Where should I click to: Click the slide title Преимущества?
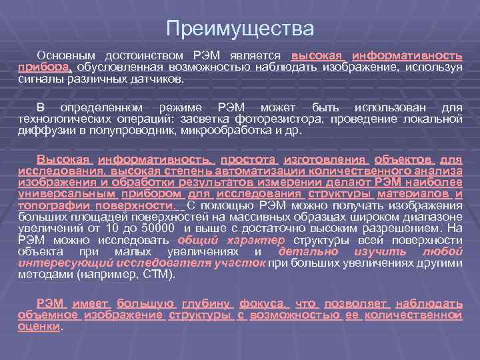click(x=239, y=29)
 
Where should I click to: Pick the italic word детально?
click(x=308, y=251)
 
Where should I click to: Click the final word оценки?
click(x=39, y=327)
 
